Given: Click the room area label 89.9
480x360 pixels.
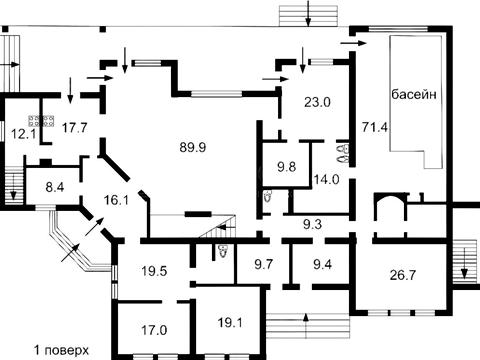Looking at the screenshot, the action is coord(193,147).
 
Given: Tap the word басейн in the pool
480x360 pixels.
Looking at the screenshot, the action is coord(414,94).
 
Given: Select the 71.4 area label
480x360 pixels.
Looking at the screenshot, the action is coord(375,127).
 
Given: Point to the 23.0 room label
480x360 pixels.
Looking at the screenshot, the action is coord(317,102).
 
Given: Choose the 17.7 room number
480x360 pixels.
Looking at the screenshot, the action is coord(75,128).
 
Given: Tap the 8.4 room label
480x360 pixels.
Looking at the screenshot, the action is coord(55,187).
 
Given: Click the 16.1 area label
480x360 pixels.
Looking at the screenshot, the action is coord(116,201).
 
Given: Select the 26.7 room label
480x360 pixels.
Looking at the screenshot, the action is coord(403,275).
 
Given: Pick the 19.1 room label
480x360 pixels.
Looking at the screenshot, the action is coord(230,322).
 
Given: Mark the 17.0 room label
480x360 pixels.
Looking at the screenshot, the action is coord(154,330).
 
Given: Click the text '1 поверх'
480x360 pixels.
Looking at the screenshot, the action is coord(62,351).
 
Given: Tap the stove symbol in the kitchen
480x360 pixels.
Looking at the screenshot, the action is coord(41,121).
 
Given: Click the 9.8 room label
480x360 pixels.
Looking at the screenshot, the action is coord(287,167).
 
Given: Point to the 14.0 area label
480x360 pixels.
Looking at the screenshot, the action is coord(326,180).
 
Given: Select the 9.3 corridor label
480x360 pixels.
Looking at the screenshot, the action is coord(312,224).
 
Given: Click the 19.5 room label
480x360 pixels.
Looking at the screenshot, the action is coord(154,271).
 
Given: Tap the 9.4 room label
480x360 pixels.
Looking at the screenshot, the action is coord(323,265).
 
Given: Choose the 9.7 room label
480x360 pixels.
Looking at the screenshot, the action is coord(263,265).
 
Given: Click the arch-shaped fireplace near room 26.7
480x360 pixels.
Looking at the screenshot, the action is coord(390,197).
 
